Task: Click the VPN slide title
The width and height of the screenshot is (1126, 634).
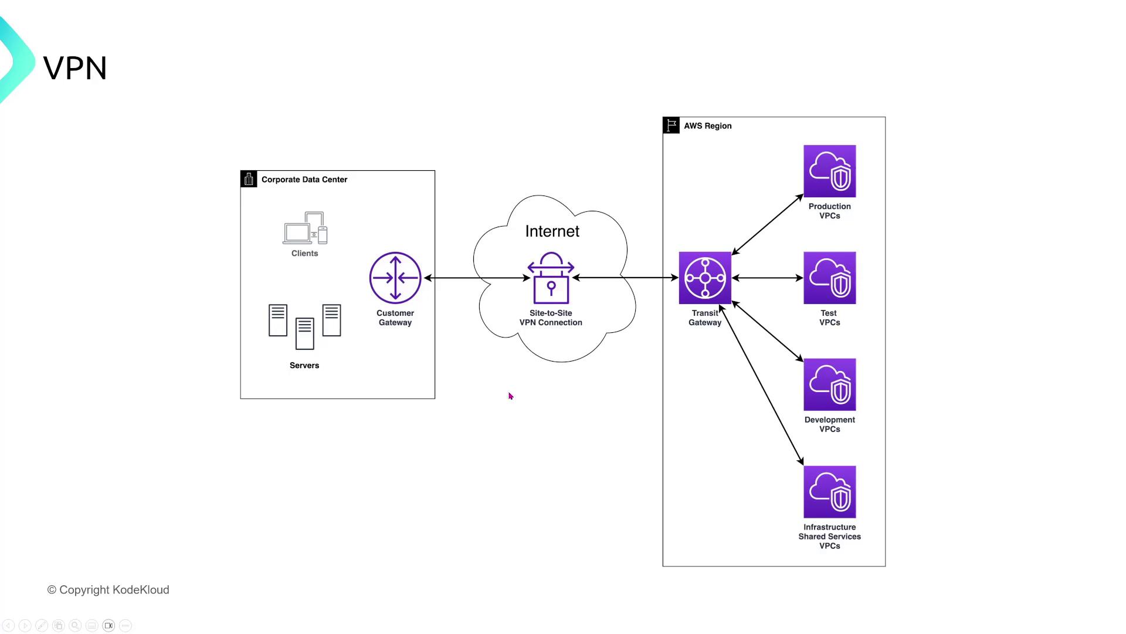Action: [x=75, y=68]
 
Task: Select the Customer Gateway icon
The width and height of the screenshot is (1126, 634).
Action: [x=395, y=278]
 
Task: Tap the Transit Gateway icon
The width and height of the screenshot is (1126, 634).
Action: [x=705, y=278]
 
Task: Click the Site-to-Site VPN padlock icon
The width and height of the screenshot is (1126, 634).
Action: [x=551, y=278]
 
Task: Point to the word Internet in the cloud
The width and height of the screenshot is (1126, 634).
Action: [x=552, y=231]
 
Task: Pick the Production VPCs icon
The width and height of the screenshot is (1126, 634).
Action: [x=829, y=171]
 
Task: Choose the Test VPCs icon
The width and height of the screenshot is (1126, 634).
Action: [x=829, y=278]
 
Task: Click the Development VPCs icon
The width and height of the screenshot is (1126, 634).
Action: [x=829, y=385]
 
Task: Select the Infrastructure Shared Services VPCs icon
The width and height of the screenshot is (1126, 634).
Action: [x=829, y=492]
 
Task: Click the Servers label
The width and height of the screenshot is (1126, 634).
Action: [x=304, y=365]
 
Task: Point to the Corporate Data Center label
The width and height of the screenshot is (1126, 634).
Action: [x=304, y=180]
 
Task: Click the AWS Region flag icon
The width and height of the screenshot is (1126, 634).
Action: [x=671, y=126]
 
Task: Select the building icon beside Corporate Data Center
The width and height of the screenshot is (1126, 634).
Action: [x=249, y=179]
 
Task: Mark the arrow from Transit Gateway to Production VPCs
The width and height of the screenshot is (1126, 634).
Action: [x=767, y=224]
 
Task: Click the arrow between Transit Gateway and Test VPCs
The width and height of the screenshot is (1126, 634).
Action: [x=767, y=278]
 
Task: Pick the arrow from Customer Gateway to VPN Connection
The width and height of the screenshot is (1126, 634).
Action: [x=476, y=278]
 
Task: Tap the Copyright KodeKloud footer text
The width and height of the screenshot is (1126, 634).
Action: [x=108, y=590]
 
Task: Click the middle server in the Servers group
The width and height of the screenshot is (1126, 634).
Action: [x=304, y=333]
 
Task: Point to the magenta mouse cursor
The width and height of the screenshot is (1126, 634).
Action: [x=511, y=396]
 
